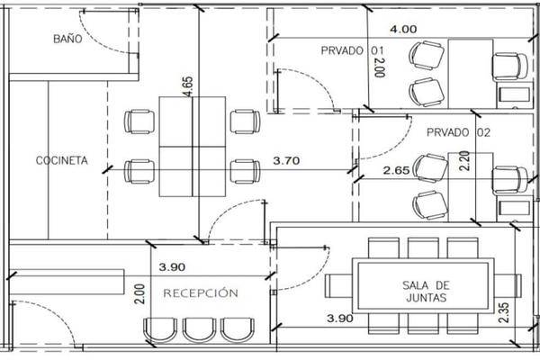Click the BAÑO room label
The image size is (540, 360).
67,39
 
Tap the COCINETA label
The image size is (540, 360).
61,160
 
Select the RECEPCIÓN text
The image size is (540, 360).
201,292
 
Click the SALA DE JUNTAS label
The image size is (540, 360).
426,291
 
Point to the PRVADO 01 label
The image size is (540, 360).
352,50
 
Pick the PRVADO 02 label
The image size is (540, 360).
458,132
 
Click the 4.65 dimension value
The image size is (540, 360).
188,86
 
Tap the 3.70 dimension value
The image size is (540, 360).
286,160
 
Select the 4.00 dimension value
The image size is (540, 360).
403,29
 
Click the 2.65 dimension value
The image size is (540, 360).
397,170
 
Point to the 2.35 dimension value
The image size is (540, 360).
503,312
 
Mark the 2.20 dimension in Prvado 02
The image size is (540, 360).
465,161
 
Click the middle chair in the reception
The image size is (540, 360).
200,329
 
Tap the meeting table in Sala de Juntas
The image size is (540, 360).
423,285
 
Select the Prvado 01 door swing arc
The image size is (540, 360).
317,81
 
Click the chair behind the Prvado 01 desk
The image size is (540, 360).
509,67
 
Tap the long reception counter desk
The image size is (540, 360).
67,282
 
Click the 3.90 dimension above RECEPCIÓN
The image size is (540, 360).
172,267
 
